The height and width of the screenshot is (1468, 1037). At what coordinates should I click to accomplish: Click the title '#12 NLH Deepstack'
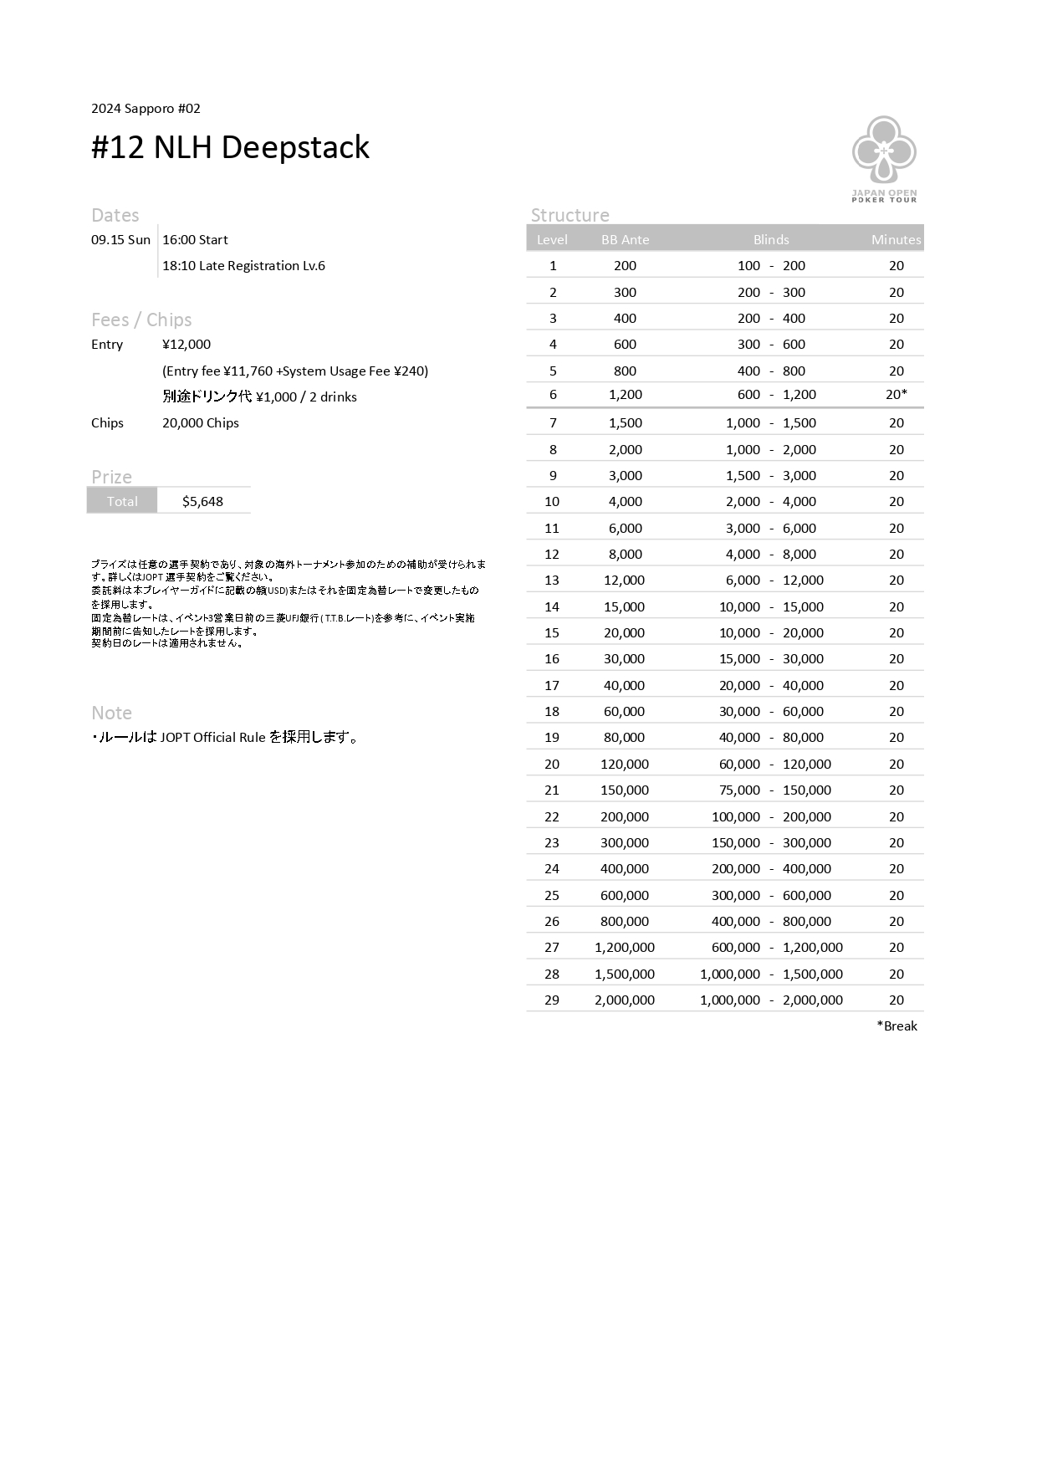click(x=230, y=147)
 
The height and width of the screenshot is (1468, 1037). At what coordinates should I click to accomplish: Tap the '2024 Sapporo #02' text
click(x=146, y=109)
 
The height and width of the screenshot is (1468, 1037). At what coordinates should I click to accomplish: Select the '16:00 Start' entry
click(x=195, y=240)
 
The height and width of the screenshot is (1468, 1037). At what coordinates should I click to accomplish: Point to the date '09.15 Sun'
click(x=120, y=240)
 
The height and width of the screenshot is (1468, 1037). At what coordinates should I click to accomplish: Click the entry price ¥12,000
click(x=186, y=345)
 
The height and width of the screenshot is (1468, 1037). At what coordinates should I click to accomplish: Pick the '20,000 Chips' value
click(x=201, y=423)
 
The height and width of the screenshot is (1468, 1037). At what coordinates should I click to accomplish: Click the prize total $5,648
click(x=202, y=502)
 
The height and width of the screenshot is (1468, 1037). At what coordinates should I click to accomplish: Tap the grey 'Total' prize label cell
click(x=122, y=502)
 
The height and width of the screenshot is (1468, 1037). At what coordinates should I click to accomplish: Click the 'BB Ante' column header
click(x=625, y=240)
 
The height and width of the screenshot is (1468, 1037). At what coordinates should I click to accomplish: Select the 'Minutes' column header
click(x=896, y=240)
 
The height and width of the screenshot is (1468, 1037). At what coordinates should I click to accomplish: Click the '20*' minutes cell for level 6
click(x=897, y=395)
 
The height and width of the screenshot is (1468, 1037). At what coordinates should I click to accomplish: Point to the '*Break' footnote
click(x=897, y=1026)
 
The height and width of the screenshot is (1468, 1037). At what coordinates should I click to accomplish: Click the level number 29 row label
click(x=552, y=1000)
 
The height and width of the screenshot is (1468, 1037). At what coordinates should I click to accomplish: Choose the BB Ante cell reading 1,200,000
click(x=625, y=948)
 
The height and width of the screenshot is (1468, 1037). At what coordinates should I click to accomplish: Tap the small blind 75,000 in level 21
click(x=739, y=790)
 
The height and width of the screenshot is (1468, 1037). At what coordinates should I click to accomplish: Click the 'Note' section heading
click(x=111, y=714)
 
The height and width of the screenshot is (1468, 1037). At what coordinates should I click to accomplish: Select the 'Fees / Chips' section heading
click(x=141, y=320)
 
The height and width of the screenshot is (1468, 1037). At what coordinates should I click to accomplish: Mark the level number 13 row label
click(x=552, y=581)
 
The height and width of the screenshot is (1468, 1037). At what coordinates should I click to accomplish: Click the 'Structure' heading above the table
click(x=570, y=216)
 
